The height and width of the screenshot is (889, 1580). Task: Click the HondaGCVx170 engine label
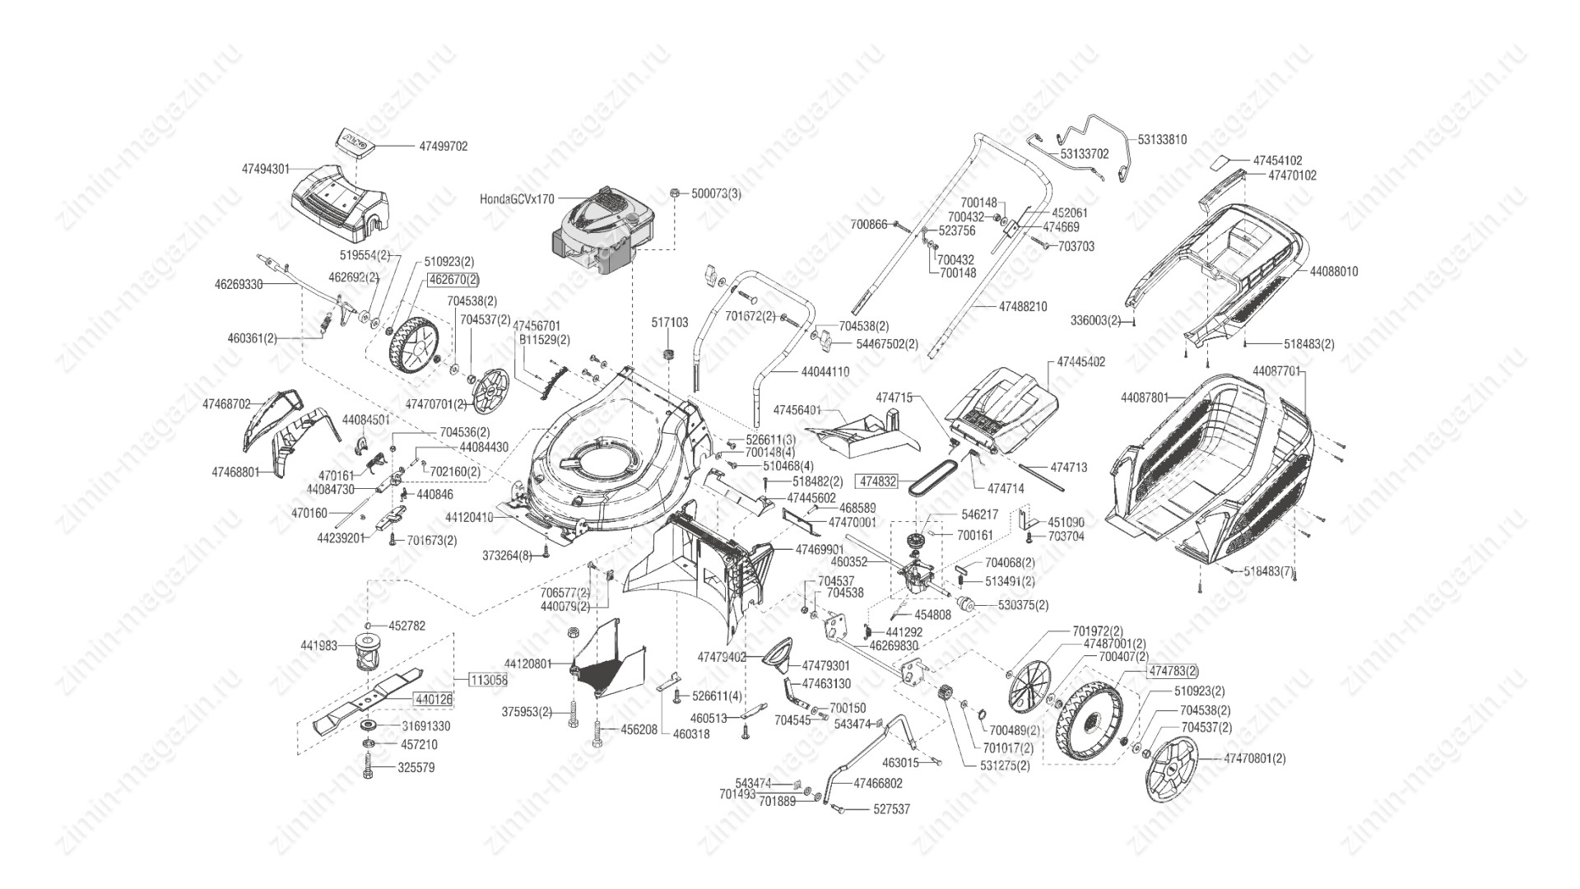(x=517, y=198)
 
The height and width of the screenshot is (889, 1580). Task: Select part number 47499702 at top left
(x=443, y=146)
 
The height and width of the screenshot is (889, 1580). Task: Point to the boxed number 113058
(x=488, y=680)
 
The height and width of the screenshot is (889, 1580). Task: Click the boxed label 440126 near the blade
(x=434, y=699)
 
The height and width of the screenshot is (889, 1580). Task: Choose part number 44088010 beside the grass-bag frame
(x=1334, y=271)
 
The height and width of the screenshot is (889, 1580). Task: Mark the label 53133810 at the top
(x=1163, y=140)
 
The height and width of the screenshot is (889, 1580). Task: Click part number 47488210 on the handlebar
(x=1023, y=306)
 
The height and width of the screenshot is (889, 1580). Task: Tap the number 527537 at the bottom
(x=892, y=809)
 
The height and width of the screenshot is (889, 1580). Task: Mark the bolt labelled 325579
(x=368, y=768)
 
